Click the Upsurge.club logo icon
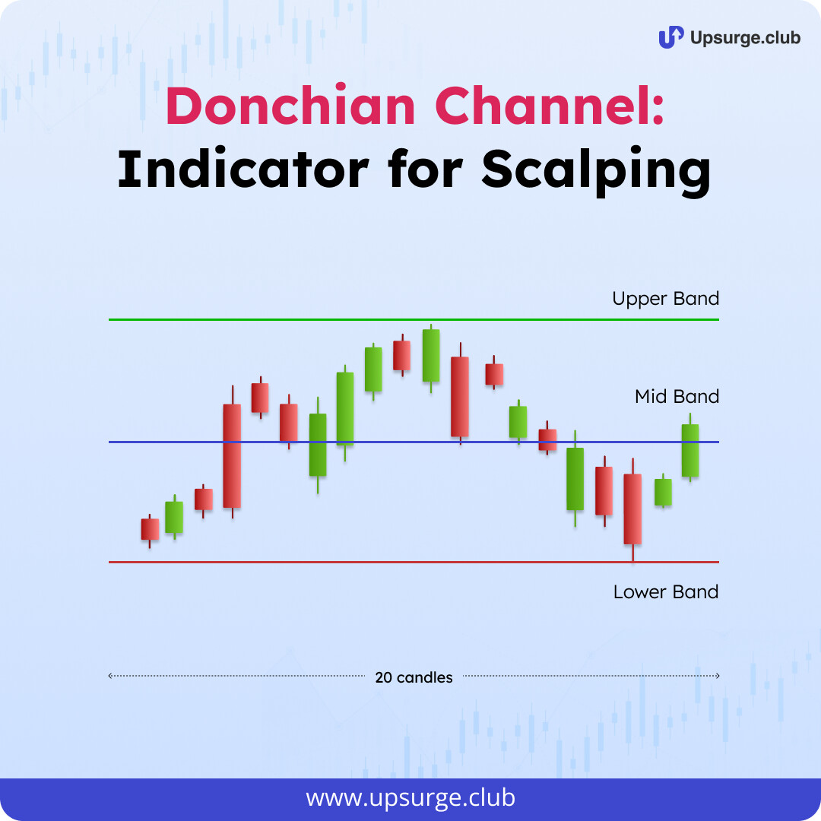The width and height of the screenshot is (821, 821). [x=670, y=37]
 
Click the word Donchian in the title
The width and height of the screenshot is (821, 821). [x=291, y=106]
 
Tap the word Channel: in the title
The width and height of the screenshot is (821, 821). [x=550, y=106]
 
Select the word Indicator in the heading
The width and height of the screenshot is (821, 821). [x=243, y=169]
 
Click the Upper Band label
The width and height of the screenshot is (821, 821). [x=665, y=299]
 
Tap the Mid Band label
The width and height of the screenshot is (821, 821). [x=677, y=396]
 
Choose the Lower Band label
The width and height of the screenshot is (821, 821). [x=666, y=591]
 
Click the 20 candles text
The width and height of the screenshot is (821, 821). [x=414, y=677]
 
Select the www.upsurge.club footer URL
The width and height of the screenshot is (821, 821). [x=410, y=797]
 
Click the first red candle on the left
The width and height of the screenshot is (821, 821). [x=150, y=531]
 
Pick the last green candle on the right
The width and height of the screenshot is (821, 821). [x=690, y=449]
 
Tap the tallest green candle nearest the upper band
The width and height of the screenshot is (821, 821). [x=431, y=357]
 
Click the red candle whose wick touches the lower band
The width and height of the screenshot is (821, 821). [x=632, y=509]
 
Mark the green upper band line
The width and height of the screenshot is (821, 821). [x=414, y=319]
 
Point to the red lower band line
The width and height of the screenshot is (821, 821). [x=414, y=562]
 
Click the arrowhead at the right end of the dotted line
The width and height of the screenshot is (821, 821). [x=718, y=676]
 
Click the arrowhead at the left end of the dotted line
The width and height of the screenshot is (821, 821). [x=110, y=676]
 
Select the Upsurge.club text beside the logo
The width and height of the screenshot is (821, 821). [x=745, y=38]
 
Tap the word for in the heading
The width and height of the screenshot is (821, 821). [x=425, y=169]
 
